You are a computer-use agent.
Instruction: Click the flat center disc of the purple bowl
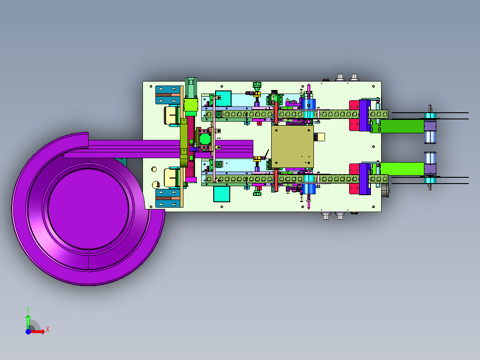88,209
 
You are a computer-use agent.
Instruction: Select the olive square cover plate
293,147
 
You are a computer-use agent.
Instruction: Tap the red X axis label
48,330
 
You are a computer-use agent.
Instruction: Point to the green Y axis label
28,310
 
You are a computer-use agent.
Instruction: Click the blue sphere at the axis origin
28,331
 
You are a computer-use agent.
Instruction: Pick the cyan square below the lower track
222,194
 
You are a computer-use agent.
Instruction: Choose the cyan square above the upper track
223,98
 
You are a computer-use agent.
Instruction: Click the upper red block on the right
354,116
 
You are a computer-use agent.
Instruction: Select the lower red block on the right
354,179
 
